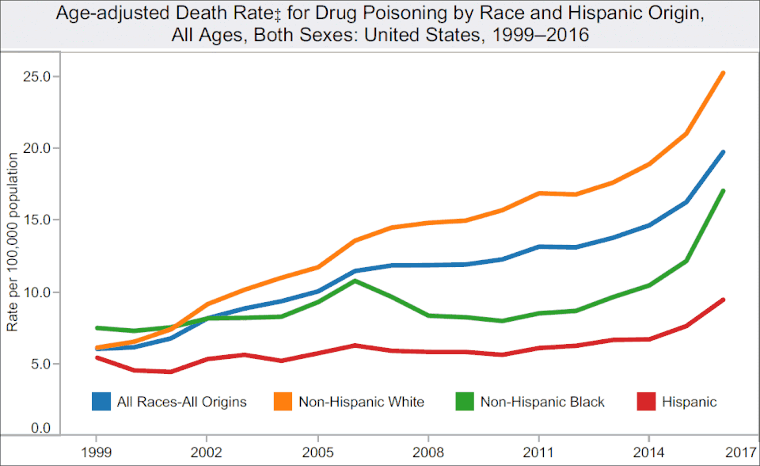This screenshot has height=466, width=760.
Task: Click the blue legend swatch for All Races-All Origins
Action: tap(101, 402)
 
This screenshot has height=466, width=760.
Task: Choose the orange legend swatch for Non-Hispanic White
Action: tap(283, 402)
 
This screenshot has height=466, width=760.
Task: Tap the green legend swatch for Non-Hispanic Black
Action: tap(465, 402)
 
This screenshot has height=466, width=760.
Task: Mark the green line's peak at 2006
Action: tap(355, 281)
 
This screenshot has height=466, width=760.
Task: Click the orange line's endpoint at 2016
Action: tap(723, 73)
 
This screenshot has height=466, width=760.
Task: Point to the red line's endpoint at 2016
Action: tap(723, 300)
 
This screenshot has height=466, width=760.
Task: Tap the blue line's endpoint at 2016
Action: tap(723, 152)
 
